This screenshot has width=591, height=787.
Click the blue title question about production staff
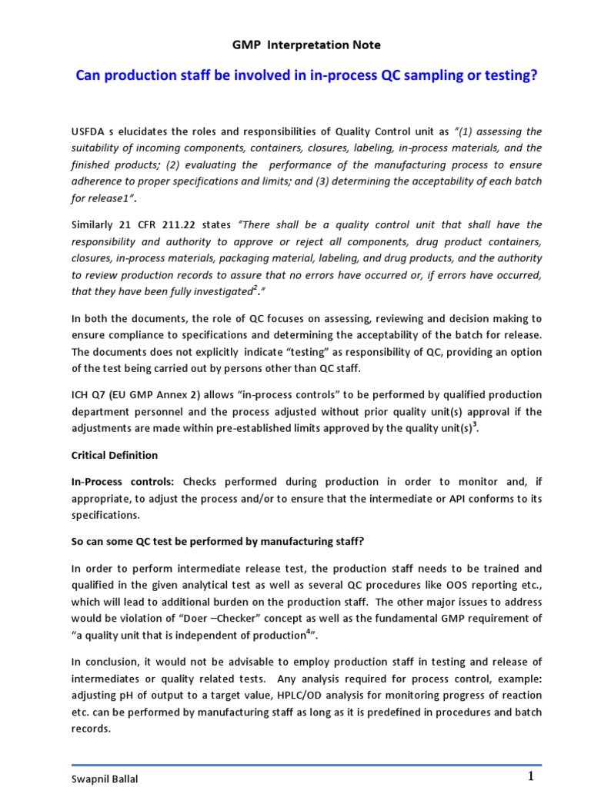click(x=306, y=76)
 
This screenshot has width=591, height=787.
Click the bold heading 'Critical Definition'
click(x=115, y=456)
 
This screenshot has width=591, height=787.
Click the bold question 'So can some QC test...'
click(x=218, y=542)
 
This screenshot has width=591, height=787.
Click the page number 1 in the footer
click(x=531, y=775)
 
